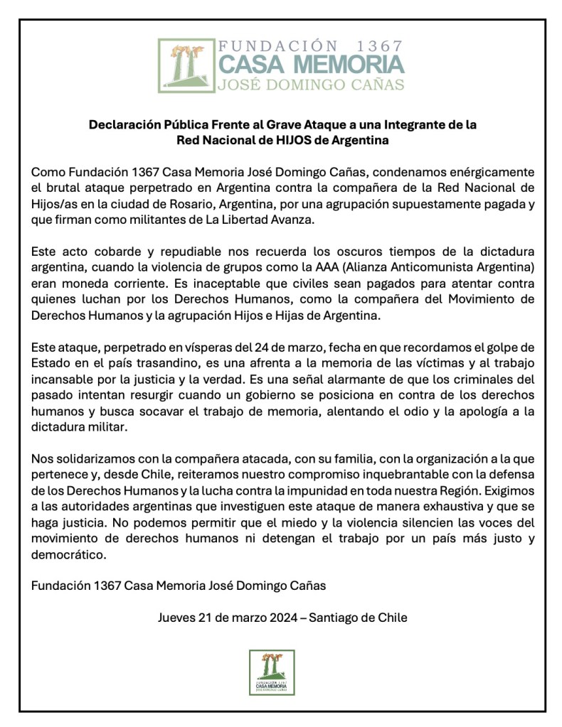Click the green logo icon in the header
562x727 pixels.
point(186,65)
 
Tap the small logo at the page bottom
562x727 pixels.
point(272,672)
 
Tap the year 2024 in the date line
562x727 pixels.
point(285,618)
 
